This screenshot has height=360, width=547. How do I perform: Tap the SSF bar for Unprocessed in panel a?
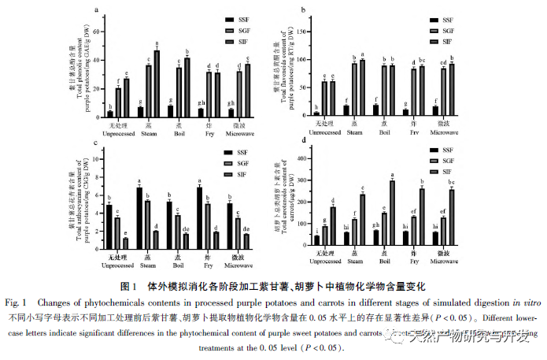[x=110, y=113]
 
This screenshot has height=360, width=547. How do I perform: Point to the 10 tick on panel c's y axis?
[x=98, y=159]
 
